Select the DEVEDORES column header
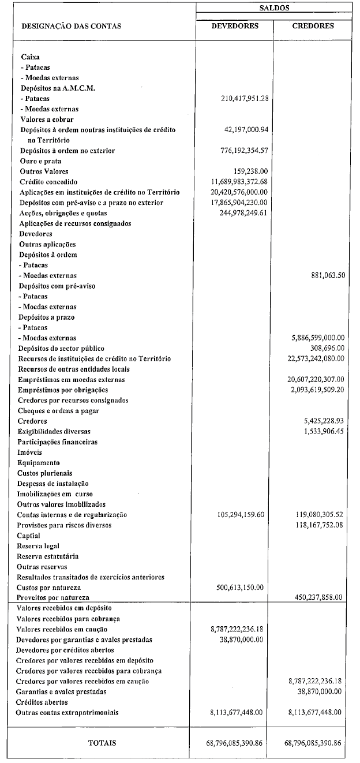coord(235,26)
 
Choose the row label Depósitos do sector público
coord(61,348)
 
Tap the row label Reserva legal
coord(39,545)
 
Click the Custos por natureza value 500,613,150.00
coord(237,587)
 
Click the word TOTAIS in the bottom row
coord(102,743)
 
